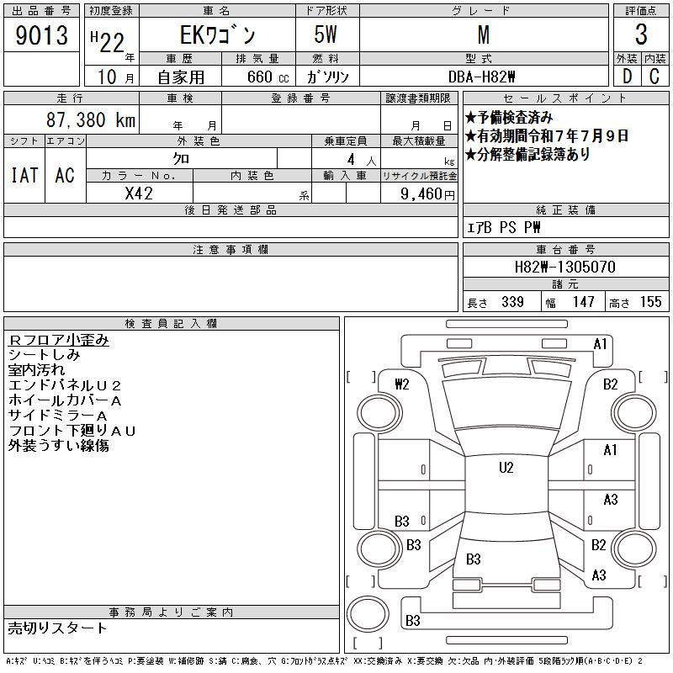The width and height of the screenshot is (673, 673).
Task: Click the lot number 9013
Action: pyautogui.click(x=41, y=35)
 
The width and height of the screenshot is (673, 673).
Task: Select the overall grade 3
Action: pyautogui.click(x=641, y=34)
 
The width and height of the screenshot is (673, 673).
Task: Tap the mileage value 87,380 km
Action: pyautogui.click(x=91, y=119)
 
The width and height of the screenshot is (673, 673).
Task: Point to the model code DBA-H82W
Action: pyautogui.click(x=481, y=77)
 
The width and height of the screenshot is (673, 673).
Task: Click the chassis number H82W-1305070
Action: pyautogui.click(x=564, y=267)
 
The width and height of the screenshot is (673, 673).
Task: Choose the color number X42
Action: pyautogui.click(x=139, y=193)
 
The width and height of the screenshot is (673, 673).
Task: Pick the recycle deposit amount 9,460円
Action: pyautogui.click(x=427, y=194)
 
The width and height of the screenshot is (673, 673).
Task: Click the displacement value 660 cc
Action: pyautogui.click(x=268, y=77)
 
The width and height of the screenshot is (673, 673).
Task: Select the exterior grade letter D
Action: pyautogui.click(x=627, y=77)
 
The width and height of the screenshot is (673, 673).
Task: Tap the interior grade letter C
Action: pyautogui.click(x=654, y=77)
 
